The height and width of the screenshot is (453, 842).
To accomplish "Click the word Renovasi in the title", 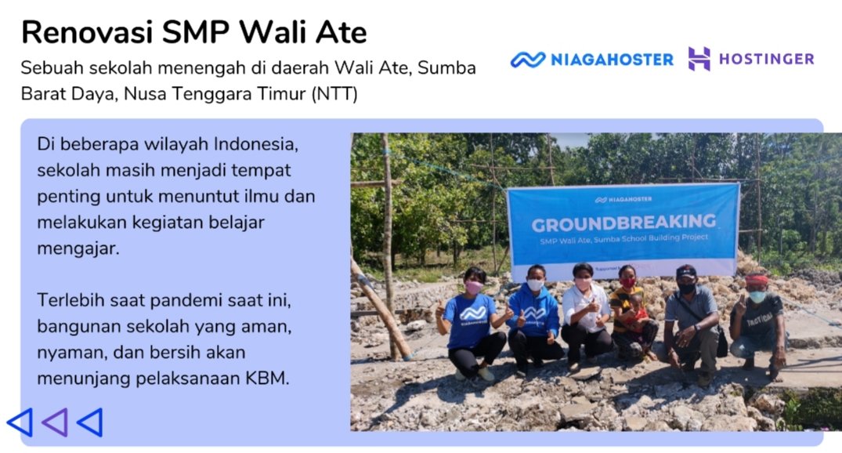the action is pos(87,31).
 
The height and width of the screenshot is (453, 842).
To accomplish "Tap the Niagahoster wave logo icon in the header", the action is pos(527,59).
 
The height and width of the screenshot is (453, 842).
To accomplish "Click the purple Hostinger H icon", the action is pos(699,59).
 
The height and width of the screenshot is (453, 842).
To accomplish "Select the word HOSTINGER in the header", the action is pos(766,59).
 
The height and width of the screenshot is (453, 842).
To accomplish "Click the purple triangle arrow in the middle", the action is pos(55,422).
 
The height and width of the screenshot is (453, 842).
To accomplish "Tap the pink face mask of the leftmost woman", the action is pos(473,288).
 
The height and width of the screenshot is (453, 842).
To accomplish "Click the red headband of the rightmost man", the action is pos(756,280).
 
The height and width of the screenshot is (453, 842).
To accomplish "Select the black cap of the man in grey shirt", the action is pos(685,271).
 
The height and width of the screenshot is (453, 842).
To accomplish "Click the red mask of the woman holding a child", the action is pos(627,282).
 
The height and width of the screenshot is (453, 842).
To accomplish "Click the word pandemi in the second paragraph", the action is pos(186,300).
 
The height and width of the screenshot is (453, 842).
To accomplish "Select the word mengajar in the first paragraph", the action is pos(78,248).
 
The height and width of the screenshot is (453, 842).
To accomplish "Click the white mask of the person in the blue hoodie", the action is pos(535,284).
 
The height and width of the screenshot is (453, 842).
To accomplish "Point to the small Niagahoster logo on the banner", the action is pos(623,199).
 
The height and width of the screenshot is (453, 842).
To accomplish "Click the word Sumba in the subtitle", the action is pos(446,68).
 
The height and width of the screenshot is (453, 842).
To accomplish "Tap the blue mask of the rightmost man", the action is pos(757,296).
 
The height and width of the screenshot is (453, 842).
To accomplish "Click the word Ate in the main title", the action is pos(341,31).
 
